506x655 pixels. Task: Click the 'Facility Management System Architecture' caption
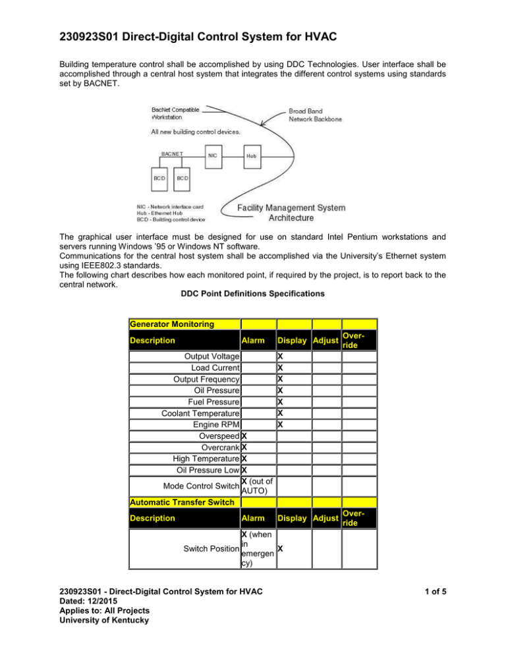(x=291, y=213)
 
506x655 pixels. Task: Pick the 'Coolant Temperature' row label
(x=200, y=413)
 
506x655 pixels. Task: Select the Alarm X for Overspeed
(x=244, y=435)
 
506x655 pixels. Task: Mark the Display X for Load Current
(x=280, y=368)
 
